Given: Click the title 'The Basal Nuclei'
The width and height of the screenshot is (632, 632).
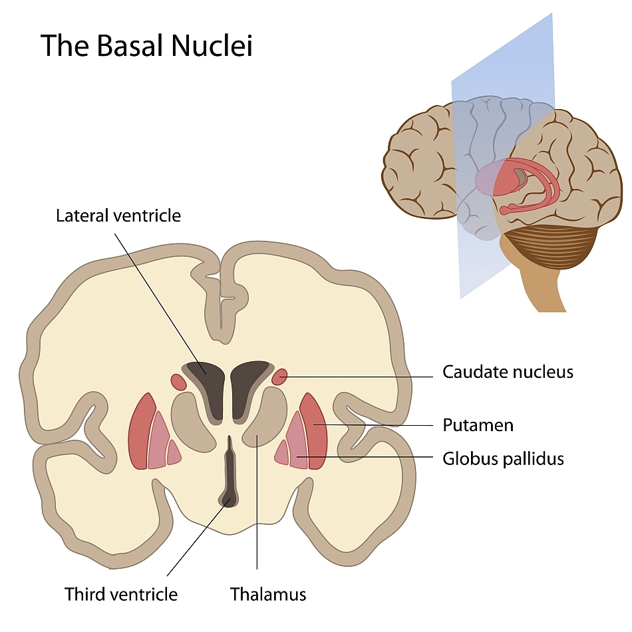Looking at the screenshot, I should coord(146,45).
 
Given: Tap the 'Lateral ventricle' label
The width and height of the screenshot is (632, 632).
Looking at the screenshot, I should coord(118,216).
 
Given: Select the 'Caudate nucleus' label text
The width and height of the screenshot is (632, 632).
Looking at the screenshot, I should coord(508,372).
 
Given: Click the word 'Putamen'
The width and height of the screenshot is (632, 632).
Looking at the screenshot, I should coord(478,425).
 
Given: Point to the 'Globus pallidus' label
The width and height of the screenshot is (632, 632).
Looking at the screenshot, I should coord(503,458).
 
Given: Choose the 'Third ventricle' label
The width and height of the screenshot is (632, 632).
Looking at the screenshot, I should coord(121,593).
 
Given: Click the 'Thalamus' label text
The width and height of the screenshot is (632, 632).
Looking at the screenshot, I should coord(268,593).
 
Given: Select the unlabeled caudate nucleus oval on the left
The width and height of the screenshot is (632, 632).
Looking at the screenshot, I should coord(178,381).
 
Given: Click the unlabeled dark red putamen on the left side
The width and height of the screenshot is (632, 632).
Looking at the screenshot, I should coord(140,432).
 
